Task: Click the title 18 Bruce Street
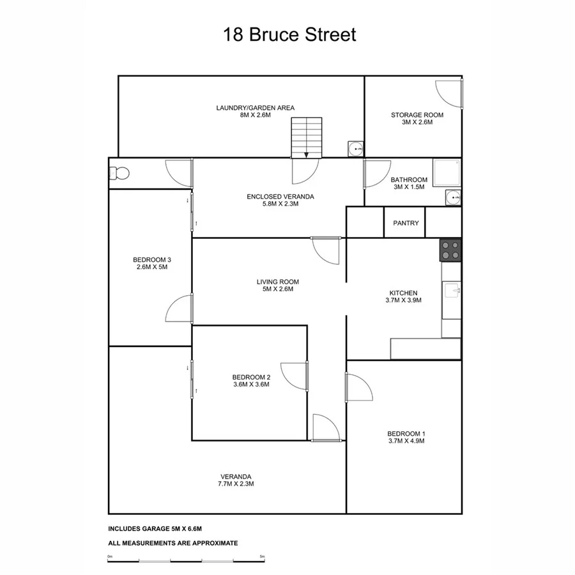click(289, 34)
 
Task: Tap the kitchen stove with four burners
click(450, 250)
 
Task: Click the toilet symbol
click(119, 173)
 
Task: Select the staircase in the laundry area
click(306, 137)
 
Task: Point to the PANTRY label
click(406, 223)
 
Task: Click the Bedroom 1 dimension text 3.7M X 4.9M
click(406, 441)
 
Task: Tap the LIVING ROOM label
click(277, 282)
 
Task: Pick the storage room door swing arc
click(449, 94)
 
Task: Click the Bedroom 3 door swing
click(178, 309)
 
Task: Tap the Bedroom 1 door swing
click(358, 388)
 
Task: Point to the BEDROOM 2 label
click(250, 377)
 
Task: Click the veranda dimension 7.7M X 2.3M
click(236, 484)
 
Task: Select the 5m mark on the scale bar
click(262, 556)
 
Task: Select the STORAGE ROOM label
click(417, 115)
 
